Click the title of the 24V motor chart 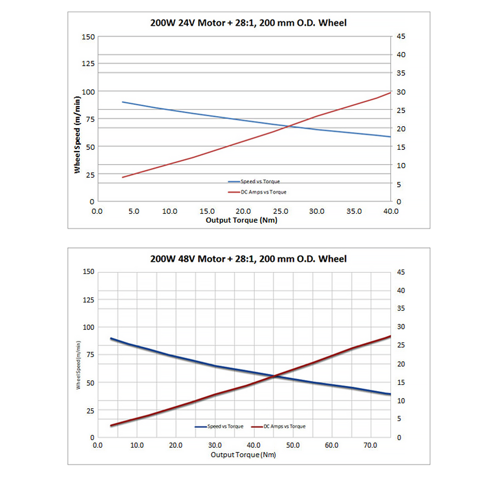(x=248, y=23)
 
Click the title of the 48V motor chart (x=248, y=259)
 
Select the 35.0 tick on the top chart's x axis (x=354, y=211)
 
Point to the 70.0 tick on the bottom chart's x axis (x=370, y=445)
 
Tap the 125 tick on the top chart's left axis (x=88, y=63)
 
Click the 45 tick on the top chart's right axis (x=401, y=36)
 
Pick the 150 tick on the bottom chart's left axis (x=88, y=272)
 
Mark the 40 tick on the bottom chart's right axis (x=401, y=291)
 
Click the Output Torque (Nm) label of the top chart (x=242, y=220)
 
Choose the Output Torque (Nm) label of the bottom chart (x=243, y=454)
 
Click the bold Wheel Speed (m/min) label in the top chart (x=77, y=134)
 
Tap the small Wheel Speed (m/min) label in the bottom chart (x=78, y=365)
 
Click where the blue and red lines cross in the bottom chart (x=274, y=376)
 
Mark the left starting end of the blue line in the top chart (x=123, y=102)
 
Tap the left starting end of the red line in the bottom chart (x=111, y=426)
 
